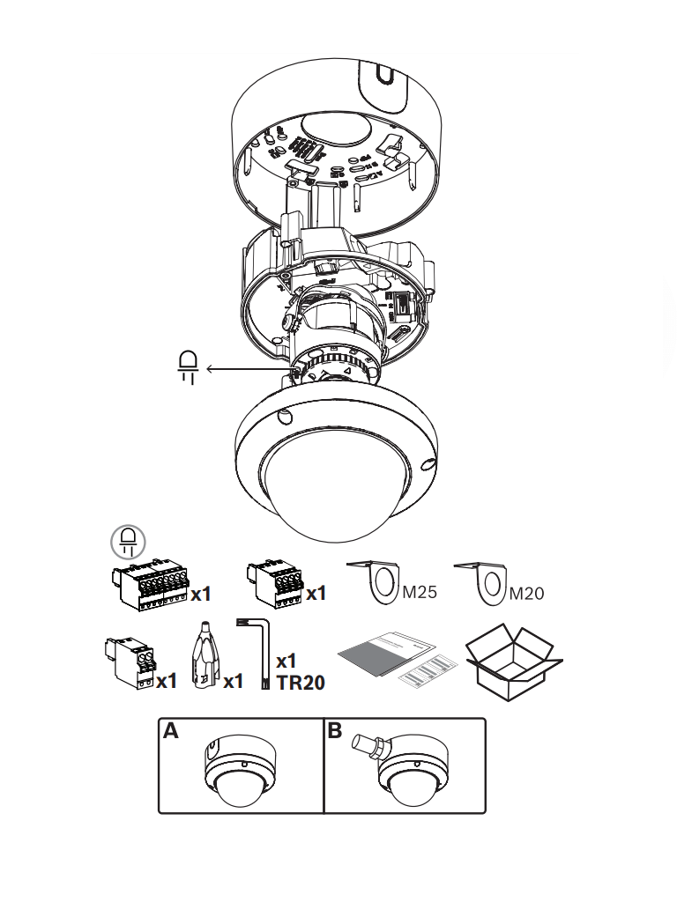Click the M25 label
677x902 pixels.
click(x=419, y=592)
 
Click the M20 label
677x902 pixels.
click(x=527, y=593)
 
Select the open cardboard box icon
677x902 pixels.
click(x=513, y=662)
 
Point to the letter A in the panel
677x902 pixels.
click(x=171, y=732)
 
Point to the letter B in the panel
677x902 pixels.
click(x=335, y=732)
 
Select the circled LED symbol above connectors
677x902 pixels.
click(x=129, y=541)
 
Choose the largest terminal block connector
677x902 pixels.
click(x=149, y=583)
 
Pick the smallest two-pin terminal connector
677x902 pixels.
click(x=128, y=662)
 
